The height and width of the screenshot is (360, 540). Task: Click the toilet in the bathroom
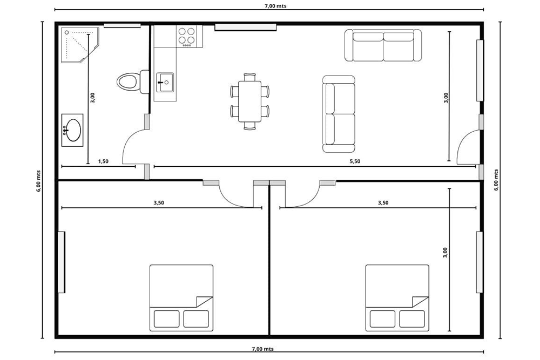tap(133, 81)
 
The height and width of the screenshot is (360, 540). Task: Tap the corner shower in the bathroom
tap(80, 45)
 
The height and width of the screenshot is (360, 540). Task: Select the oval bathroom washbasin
tap(72, 130)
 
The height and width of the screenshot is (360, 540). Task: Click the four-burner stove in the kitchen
tap(187, 36)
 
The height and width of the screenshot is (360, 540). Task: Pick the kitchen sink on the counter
tap(165, 82)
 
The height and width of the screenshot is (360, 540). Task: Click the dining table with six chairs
tap(249, 101)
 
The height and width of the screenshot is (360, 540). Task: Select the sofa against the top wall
tap(383, 45)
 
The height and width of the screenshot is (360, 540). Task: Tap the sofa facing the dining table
tap(339, 114)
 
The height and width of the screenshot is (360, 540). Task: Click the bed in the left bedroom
tap(181, 298)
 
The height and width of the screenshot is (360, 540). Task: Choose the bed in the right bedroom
tap(397, 298)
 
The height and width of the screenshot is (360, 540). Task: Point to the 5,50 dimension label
tap(355, 161)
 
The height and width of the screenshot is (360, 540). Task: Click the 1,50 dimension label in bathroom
tap(103, 161)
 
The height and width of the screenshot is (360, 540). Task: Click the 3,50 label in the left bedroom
tap(159, 203)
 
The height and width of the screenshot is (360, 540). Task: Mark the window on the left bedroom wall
tap(62, 262)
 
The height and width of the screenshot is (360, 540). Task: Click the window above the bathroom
tap(122, 25)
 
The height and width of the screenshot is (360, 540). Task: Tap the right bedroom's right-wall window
tap(480, 262)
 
